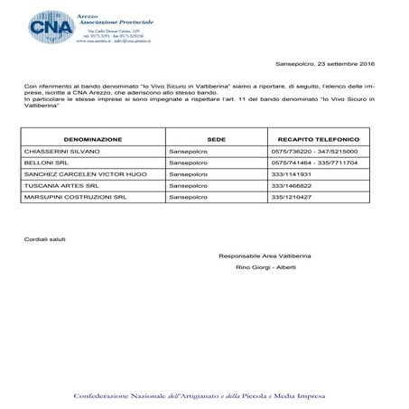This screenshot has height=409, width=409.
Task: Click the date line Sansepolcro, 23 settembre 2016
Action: tap(325, 65)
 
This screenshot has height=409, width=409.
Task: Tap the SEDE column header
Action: tap(216, 140)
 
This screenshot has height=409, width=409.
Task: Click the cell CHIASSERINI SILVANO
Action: tap(63, 152)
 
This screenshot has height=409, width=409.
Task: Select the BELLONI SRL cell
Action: tap(46, 163)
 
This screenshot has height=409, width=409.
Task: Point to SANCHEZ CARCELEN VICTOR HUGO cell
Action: tap(81, 173)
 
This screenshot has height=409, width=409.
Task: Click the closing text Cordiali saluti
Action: tap(45, 238)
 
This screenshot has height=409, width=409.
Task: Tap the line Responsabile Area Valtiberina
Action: tap(262, 256)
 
